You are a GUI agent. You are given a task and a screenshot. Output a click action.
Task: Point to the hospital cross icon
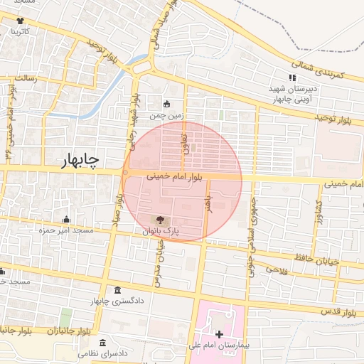(219, 333)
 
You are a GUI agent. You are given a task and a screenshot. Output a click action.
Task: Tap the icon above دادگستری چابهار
(117, 291)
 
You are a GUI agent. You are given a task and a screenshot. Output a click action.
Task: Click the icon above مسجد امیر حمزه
(66, 219)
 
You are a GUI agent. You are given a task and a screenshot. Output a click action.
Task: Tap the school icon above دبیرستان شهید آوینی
(291, 77)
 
